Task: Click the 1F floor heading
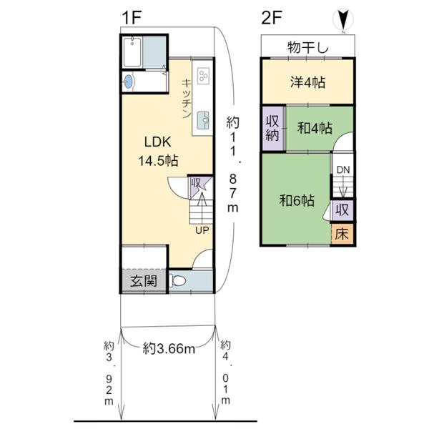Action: pos(132,18)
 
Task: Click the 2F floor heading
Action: pos(272,18)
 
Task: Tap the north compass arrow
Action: pos(343,19)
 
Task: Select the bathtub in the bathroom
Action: pos(132,52)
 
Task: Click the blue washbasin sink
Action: pos(128,82)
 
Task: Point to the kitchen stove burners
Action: pos(203,76)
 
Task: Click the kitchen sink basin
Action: pos(203,120)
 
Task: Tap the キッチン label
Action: pos(187,99)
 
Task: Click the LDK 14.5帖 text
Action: pos(158,152)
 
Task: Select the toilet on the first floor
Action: pos(177,281)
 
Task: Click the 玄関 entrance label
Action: pos(144,281)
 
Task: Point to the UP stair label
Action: pos(202,230)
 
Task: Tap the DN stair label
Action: pos(343,170)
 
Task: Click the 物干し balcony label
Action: pos(307,48)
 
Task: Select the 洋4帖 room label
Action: pos(307,82)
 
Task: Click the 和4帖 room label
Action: pos(315,128)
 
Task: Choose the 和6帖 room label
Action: pos(297,200)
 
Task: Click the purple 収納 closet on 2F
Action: pos(273,128)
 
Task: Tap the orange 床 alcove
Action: pos(342,235)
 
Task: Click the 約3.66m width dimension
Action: pos(169,349)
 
